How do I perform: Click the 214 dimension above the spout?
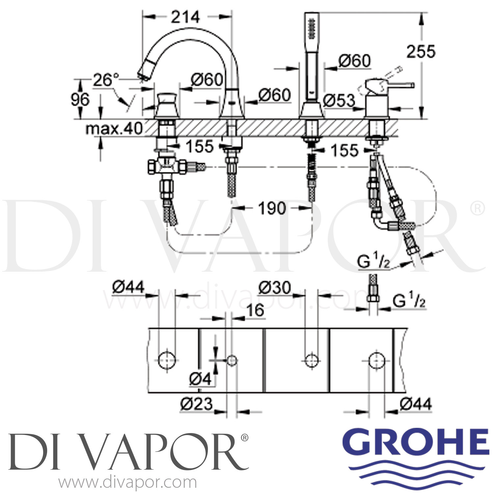[185, 17]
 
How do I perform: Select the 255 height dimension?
[421, 52]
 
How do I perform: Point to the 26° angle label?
[106, 80]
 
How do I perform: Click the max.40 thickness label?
[114, 128]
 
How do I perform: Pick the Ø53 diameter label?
[339, 101]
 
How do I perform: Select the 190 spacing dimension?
[272, 208]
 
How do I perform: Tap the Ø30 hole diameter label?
[274, 288]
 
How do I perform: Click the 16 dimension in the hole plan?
[255, 310]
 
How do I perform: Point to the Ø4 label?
[200, 379]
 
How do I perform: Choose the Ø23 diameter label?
[197, 404]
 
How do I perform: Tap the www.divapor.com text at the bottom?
[127, 483]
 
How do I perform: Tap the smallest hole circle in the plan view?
[232, 360]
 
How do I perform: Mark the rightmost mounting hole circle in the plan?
[376, 360]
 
